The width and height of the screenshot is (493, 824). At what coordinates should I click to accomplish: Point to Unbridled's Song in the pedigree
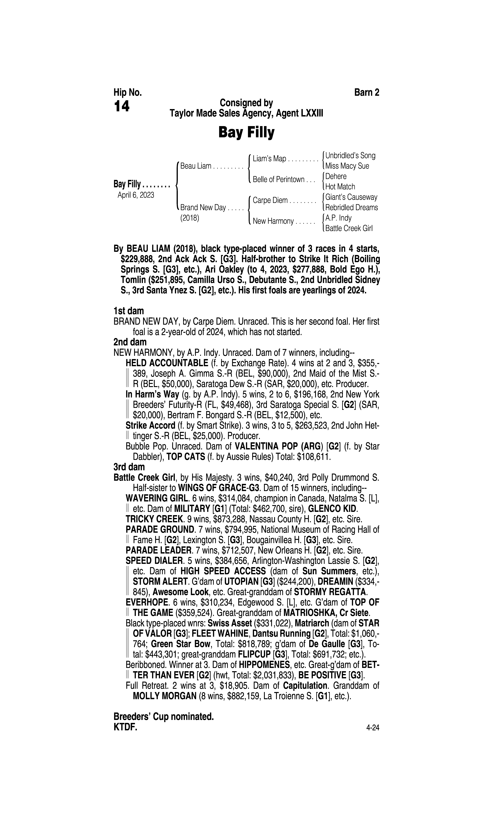(350, 156)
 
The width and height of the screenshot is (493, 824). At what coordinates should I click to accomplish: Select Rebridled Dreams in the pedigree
(351, 208)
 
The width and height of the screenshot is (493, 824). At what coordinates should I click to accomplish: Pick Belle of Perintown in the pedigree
(278, 180)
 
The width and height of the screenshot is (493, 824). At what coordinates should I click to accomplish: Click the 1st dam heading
(129, 311)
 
